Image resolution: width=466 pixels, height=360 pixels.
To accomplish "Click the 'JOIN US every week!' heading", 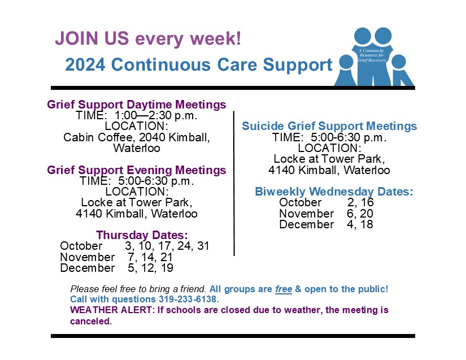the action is pos(148,38).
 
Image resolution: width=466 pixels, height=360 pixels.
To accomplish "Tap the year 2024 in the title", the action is pos(85,64).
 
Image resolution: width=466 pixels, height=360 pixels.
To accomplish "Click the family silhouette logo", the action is pos(374,57).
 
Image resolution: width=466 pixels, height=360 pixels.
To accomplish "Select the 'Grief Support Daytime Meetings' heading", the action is pos(137,105).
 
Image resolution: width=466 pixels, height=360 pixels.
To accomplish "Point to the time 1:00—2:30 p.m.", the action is pos(156,115).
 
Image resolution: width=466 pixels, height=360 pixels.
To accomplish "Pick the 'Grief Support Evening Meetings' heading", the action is pos(137,170).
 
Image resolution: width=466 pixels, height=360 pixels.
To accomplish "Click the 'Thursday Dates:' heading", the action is pos(142,235).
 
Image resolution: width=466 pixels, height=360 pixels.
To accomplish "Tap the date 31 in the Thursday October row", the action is pos(203,246).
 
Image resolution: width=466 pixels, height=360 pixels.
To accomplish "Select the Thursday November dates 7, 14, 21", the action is pos(150,257).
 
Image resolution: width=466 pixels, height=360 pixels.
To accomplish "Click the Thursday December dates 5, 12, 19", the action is pos(150,268).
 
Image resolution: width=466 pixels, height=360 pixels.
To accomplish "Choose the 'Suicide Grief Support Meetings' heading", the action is pos(329,126).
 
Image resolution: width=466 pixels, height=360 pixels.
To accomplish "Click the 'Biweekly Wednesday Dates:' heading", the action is pos(334,192).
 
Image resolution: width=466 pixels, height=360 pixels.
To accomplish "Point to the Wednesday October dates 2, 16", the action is pos(360,202).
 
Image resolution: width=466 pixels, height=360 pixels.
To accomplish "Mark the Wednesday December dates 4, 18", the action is pos(360,224).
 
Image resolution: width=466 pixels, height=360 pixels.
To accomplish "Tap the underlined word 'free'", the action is pos(284,289).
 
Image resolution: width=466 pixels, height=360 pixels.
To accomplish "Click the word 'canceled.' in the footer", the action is pos(91,321).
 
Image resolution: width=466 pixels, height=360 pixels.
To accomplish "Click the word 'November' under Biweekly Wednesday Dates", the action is pos(306,214).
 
